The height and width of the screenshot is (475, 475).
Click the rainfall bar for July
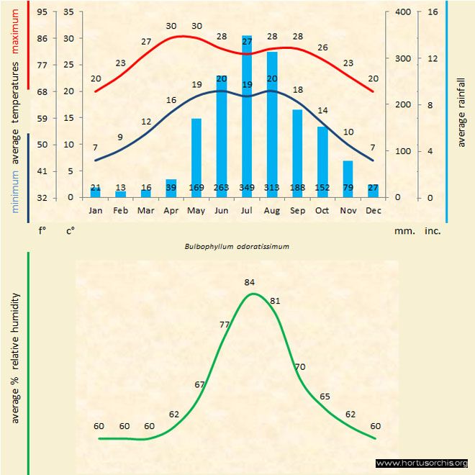pos(247,115)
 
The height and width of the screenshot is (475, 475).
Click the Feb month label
pos(121,211)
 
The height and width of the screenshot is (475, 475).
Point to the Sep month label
pos(297,211)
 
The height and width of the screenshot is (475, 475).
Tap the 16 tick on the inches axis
pos(433,12)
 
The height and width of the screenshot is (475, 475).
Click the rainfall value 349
pos(247,188)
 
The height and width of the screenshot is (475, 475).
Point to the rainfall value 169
pos(196,188)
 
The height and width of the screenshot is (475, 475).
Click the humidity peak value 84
pos(250,281)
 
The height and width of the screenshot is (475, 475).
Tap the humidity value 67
pos(200,384)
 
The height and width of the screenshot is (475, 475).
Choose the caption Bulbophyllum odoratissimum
pos(237,246)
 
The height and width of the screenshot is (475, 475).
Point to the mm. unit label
pos(402,231)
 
